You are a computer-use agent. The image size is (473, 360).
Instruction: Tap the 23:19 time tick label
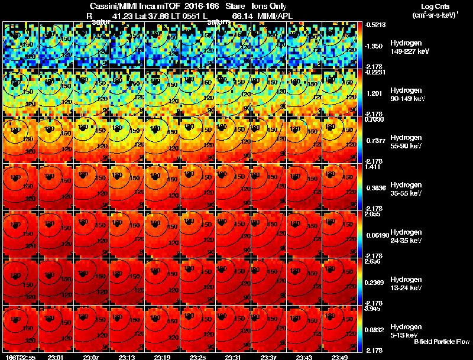pyautogui.click(x=163, y=357)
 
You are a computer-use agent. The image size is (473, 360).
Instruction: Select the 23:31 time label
pyautogui.click(x=234, y=357)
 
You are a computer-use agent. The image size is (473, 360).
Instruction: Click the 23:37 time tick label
pyautogui.click(x=270, y=357)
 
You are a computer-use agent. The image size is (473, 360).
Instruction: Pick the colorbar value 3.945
pyautogui.click(x=374, y=309)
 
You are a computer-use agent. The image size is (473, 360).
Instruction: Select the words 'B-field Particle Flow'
pyautogui.click(x=442, y=342)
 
